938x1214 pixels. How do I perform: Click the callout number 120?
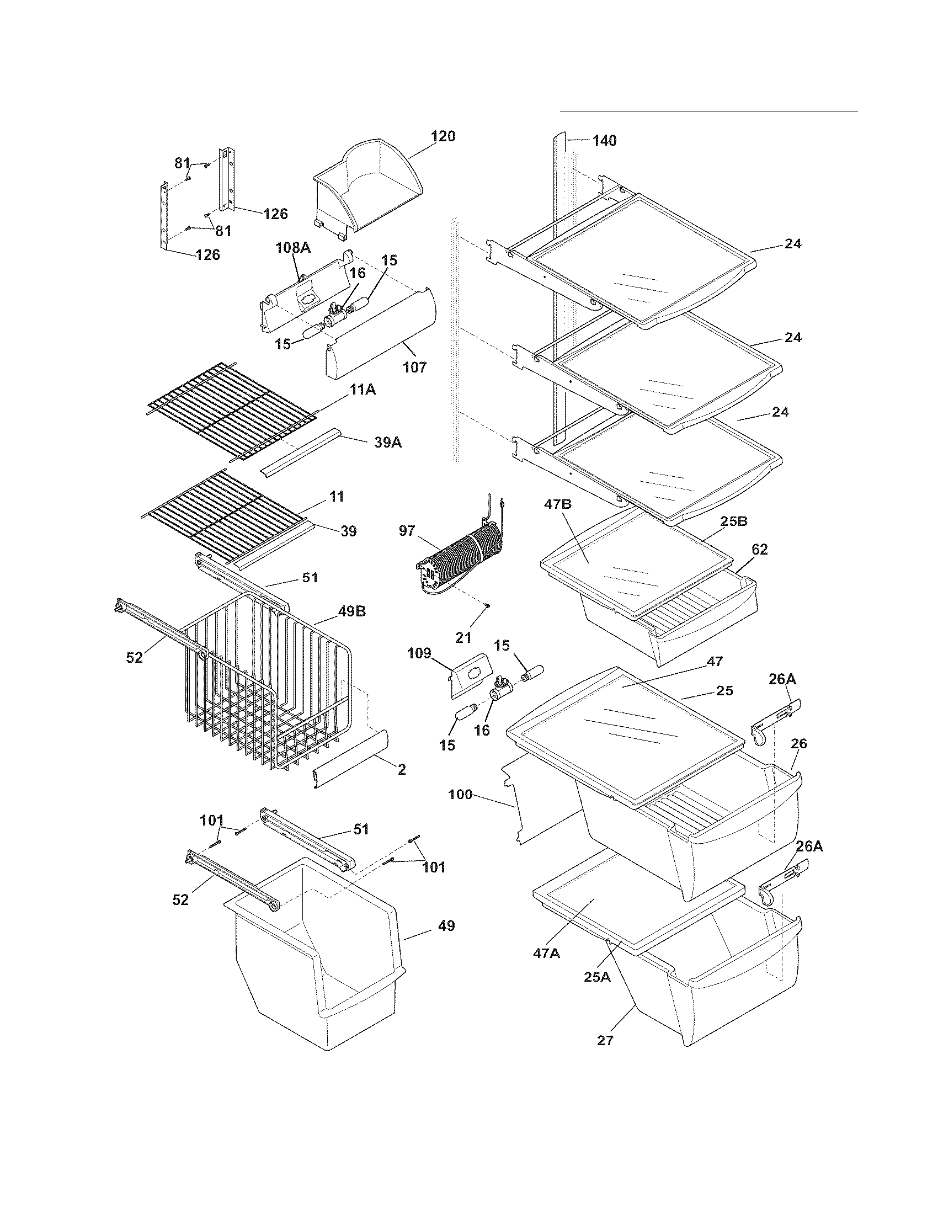click(443, 136)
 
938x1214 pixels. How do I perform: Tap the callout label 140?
click(604, 141)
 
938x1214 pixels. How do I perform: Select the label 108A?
click(293, 248)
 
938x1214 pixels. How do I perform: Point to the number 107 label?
click(415, 367)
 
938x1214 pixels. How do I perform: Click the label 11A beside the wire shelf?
click(363, 390)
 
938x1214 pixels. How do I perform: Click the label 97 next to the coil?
click(407, 531)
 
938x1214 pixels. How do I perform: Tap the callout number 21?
click(463, 637)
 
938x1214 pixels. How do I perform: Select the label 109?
click(419, 653)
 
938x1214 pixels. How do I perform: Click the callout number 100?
click(460, 795)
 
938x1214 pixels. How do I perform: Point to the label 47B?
click(558, 505)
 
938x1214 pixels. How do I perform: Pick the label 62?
click(760, 549)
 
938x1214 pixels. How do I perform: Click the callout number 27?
click(605, 1040)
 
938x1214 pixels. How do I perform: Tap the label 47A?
click(546, 954)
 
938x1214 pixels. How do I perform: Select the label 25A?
click(597, 977)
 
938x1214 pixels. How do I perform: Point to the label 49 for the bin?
click(446, 926)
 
